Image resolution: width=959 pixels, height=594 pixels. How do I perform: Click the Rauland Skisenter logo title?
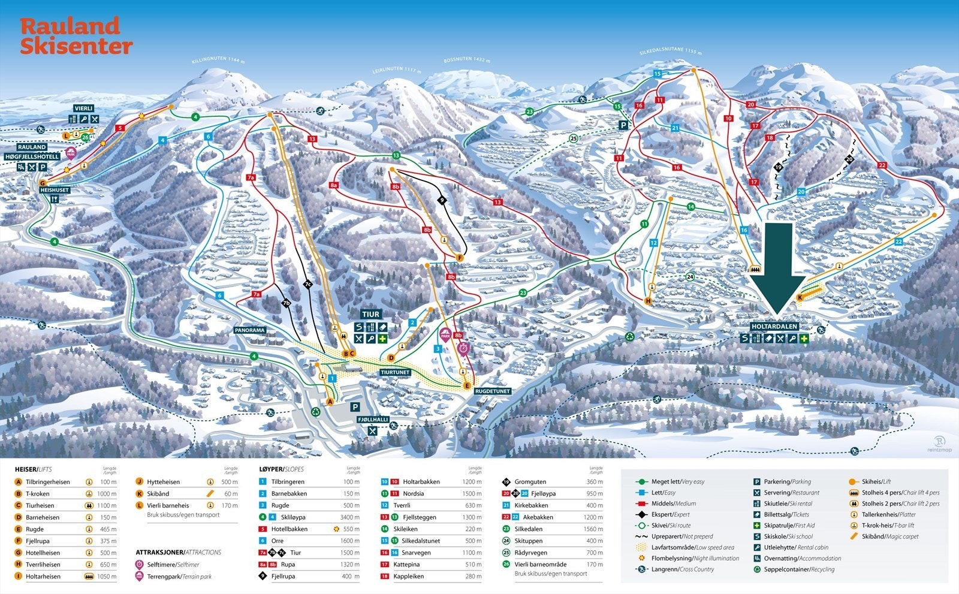point(76,36)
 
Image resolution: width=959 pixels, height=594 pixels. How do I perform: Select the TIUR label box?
point(370,314)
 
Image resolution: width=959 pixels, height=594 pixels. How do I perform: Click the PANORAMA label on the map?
point(250,330)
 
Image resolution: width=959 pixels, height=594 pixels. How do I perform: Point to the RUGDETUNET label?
point(492,391)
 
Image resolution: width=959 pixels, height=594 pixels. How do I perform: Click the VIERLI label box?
point(84,108)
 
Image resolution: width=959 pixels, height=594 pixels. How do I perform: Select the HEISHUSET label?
point(55,190)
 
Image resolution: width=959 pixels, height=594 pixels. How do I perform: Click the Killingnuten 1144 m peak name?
point(219,60)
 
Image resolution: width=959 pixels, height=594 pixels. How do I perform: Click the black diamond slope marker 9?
point(442,200)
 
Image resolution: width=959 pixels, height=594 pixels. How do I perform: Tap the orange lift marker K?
point(800,297)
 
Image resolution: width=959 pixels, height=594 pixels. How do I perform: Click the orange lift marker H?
point(648,301)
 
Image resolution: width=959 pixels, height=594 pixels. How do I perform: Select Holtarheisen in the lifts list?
point(43,576)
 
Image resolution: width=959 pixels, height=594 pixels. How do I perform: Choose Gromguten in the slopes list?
point(529,482)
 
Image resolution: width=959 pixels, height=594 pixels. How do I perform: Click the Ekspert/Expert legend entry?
point(670,514)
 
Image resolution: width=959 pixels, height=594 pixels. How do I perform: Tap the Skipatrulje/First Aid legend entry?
point(789,526)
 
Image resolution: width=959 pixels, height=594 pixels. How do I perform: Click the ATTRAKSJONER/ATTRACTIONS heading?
point(178,552)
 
